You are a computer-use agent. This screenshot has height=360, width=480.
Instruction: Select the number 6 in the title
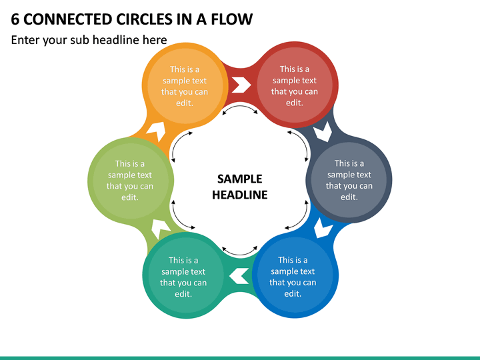pyautogui.click(x=15, y=19)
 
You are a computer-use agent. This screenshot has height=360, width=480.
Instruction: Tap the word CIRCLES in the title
pyautogui.click(x=144, y=19)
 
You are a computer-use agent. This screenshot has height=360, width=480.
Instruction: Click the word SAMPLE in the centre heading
pyautogui.click(x=240, y=179)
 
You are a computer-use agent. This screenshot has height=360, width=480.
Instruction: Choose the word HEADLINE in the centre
pyautogui.click(x=240, y=195)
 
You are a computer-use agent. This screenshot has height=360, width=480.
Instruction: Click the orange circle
pyautogui.click(x=185, y=85)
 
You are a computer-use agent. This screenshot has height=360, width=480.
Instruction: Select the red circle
pyautogui.click(x=295, y=85)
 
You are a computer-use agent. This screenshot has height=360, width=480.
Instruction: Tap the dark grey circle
pyautogui.click(x=349, y=180)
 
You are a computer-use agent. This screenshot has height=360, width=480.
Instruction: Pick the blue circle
pyautogui.click(x=295, y=275)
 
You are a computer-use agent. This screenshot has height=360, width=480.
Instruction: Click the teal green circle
pyautogui.click(x=185, y=275)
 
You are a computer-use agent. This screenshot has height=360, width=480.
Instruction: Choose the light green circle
pyautogui.click(x=131, y=180)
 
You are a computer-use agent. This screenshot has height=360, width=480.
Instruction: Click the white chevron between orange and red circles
pyautogui.click(x=241, y=85)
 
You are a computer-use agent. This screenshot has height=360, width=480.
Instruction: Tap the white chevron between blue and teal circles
pyautogui.click(x=239, y=275)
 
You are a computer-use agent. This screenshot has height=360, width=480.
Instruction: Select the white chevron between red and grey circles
pyautogui.click(x=323, y=132)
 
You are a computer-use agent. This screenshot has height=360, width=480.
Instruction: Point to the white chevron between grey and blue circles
pyautogui.click(x=323, y=228)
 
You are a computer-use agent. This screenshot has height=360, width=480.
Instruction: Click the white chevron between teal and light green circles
pyautogui.click(x=160, y=229)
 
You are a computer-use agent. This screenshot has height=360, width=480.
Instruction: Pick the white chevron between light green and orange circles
pyautogui.click(x=157, y=131)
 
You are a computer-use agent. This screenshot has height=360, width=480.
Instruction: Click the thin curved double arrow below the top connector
pyautogui.click(x=240, y=107)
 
